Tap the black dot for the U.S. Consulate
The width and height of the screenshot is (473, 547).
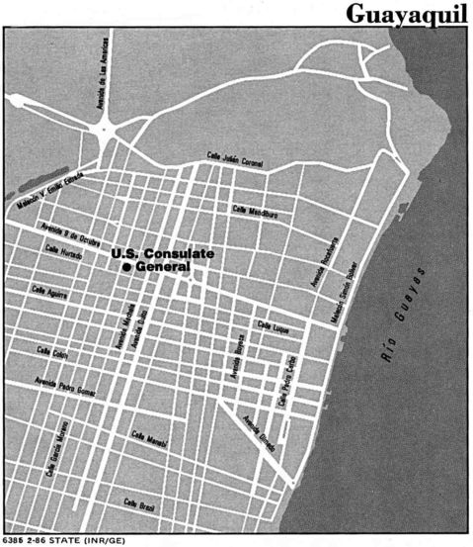(126, 267)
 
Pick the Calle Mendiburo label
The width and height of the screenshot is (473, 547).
(255, 210)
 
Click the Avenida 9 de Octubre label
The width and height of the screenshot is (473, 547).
(67, 235)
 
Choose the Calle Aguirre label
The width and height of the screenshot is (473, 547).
(49, 292)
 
